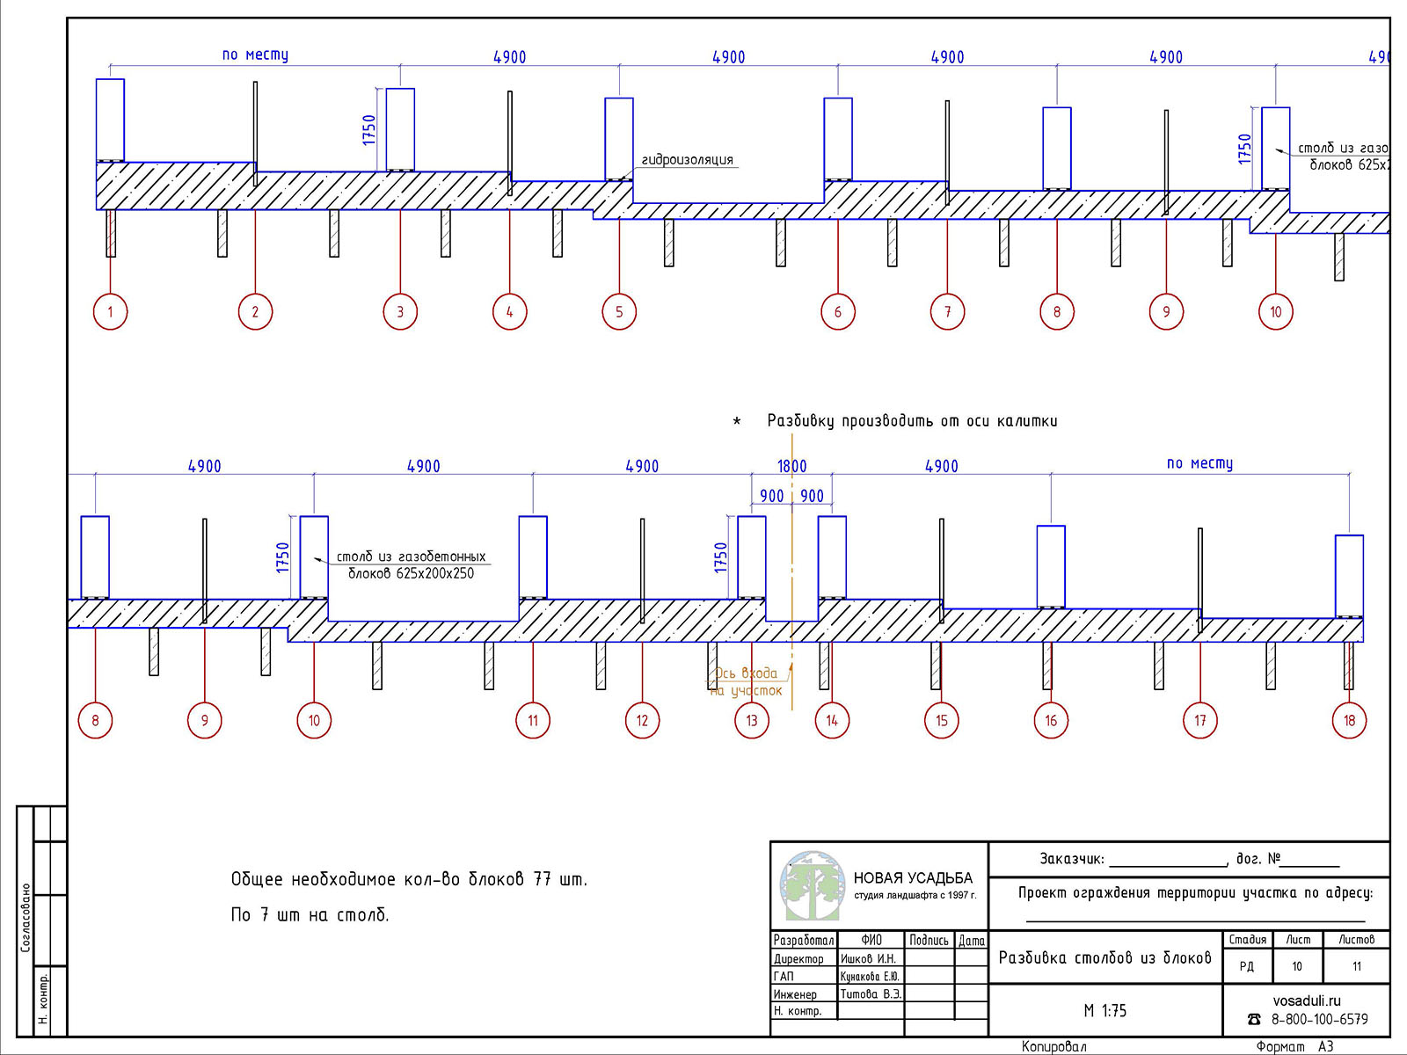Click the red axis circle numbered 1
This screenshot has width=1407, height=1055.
tap(110, 311)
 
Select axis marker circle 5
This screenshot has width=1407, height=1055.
tap(619, 311)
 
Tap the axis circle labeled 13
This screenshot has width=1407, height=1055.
tap(752, 721)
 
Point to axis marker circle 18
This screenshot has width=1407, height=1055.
tap(1350, 721)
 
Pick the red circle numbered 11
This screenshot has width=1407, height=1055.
tap(533, 721)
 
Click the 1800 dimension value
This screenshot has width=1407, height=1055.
tap(791, 466)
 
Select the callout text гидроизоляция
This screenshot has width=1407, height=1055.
tap(687, 159)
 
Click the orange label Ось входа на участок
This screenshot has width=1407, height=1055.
tap(747, 682)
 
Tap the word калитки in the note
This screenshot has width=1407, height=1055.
tap(1027, 421)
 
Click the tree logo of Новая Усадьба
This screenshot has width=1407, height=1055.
tap(811, 885)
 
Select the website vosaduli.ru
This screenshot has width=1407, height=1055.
tap(1307, 1000)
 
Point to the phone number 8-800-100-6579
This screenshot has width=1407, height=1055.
tap(1319, 1020)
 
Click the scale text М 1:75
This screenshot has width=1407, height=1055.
tap(1104, 1011)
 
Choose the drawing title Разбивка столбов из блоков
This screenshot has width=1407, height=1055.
tap(1104, 957)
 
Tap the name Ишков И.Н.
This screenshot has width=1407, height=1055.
tap(868, 959)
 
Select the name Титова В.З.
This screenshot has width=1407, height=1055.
tap(870, 994)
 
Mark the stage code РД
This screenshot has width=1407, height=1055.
tap(1246, 967)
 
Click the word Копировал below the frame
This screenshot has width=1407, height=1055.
tap(1053, 1047)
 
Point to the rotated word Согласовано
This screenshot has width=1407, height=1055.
tap(26, 918)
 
